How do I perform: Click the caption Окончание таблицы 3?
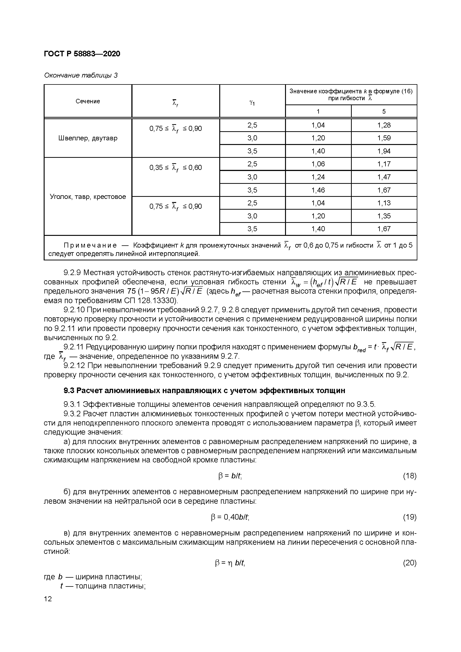click(81, 75)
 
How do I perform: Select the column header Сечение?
click(88, 101)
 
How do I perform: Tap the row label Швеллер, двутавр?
click(88, 138)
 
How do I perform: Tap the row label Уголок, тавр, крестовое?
click(88, 196)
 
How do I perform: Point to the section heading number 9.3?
click(69, 391)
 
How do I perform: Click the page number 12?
click(48, 599)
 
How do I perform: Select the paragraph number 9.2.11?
click(73, 347)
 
